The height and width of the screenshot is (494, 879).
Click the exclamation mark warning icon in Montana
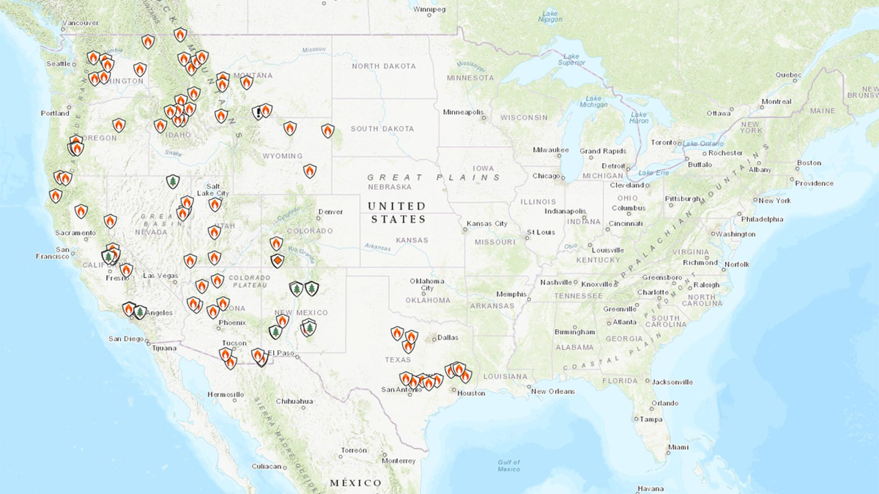pos(258,113)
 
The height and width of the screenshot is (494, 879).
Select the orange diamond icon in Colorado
pos(277,261)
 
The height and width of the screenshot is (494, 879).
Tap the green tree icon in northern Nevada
pos(173,182)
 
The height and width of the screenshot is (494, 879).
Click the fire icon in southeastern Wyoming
pos(310,171)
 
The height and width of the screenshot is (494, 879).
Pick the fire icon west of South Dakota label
pos(327,131)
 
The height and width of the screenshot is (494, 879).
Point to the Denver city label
pos(331,212)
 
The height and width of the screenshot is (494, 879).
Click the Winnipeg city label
pos(429,9)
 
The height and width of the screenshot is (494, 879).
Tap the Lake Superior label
pos(571,59)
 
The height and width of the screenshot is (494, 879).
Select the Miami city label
pos(678,447)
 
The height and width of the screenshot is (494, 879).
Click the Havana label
pos(650,489)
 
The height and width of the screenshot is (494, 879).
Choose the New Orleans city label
pos(553,391)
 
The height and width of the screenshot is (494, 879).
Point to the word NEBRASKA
pos(390,187)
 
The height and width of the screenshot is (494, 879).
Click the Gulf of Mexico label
pos(509,466)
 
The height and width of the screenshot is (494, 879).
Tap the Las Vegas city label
pos(160,275)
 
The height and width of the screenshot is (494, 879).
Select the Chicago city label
pos(546,176)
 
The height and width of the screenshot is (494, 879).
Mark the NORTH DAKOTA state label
pos(384,66)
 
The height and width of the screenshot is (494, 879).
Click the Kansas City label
pos(487,224)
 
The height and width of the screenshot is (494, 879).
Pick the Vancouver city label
pos(81,23)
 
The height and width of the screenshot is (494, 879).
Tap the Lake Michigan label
pos(593,102)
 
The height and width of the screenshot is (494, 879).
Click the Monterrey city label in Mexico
pos(399,461)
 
